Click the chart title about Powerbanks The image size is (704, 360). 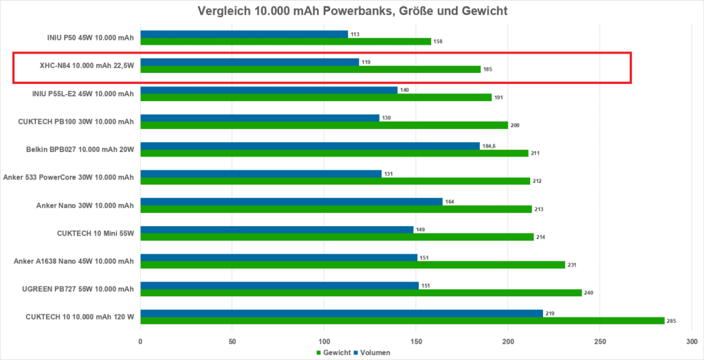[352, 11]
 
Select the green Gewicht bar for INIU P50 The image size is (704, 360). [285, 41]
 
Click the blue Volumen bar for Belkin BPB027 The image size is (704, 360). [309, 146]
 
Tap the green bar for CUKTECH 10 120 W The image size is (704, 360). [402, 320]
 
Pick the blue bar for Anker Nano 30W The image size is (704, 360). [291, 201]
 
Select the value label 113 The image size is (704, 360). [355, 34]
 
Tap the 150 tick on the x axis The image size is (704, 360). [416, 341]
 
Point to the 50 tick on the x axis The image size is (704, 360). [232, 341]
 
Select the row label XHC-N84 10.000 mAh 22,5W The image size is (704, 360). [86, 65]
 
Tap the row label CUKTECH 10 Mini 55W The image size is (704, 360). [95, 233]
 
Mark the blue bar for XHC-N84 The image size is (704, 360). [250, 62]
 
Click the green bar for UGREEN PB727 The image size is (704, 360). [361, 293]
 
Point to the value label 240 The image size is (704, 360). [588, 293]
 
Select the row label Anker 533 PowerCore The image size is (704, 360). [69, 177]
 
